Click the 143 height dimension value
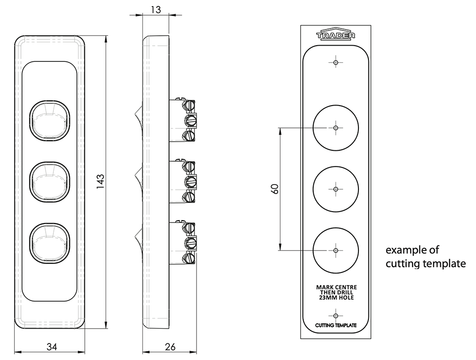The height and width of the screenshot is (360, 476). point(100,181)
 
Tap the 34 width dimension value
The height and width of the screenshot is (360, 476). point(52,347)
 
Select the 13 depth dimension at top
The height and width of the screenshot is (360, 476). point(156,10)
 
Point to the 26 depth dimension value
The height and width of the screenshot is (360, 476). point(170,347)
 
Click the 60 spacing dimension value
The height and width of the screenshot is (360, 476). point(275,189)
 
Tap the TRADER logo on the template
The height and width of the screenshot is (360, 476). point(336,34)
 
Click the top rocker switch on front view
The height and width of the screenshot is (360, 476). point(50,121)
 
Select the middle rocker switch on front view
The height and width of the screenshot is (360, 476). point(50,182)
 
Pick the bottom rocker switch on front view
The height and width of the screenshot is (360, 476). point(50,243)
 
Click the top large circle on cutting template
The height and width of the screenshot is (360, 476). point(336,105)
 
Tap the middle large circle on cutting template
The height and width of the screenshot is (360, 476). point(336,166)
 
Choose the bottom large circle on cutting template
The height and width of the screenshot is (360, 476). point(336,228)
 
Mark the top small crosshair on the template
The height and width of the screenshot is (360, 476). point(336,62)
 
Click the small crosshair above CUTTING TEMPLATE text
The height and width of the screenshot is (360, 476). point(336,316)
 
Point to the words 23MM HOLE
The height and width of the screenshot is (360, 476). point(337,298)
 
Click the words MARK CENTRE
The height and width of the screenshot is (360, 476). point(337,287)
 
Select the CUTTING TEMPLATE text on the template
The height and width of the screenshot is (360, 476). point(336,325)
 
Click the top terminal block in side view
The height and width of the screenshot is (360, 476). point(182,120)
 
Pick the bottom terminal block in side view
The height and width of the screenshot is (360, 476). point(182,243)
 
